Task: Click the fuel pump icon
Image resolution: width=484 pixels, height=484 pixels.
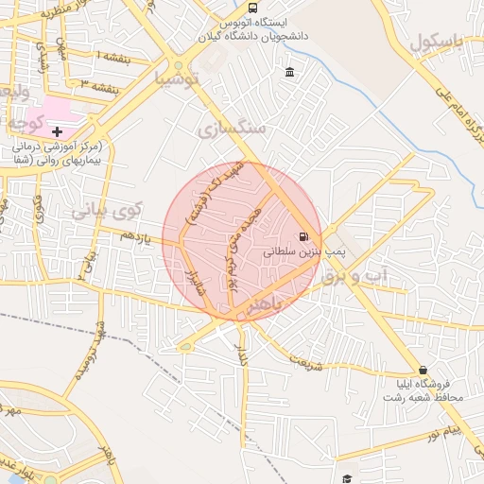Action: (x=302, y=236)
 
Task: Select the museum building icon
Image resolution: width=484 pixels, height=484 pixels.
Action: (x=288, y=73)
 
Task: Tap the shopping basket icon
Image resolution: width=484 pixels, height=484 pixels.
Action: (x=422, y=370)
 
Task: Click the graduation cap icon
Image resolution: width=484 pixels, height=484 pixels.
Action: (x=347, y=479)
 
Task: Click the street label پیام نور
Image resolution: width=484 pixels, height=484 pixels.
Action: (x=442, y=432)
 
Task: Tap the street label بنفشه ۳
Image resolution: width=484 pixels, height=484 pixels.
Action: (x=98, y=87)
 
